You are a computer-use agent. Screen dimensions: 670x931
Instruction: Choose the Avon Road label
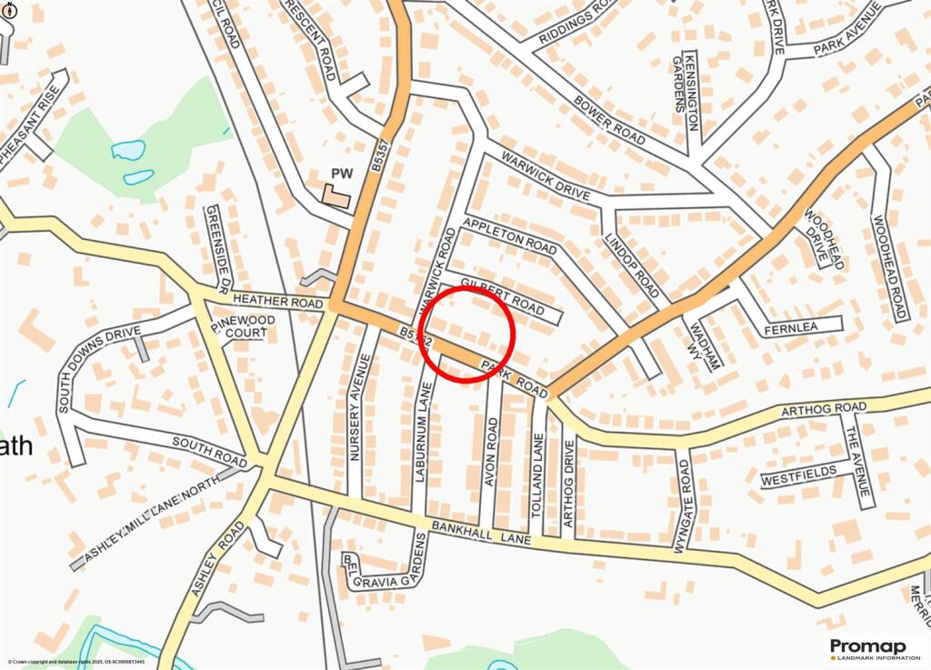point(492,452)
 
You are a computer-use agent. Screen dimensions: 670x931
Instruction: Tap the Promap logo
point(874,648)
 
